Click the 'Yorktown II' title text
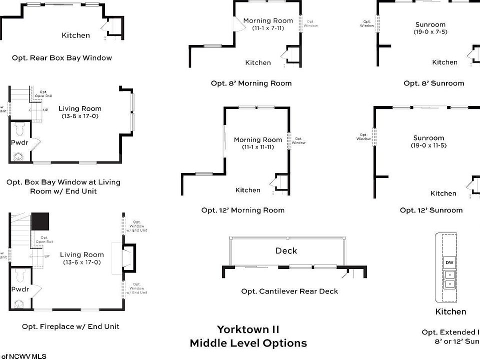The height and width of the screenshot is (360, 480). pos(248,329)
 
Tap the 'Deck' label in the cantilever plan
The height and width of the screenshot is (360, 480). pos(286,251)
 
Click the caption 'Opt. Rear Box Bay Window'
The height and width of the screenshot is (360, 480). pos(62,58)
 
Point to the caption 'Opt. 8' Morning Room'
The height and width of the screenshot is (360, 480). pos(251,83)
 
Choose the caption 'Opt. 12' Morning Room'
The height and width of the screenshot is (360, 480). pos(243,210)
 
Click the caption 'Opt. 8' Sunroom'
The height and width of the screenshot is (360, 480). pos(434,83)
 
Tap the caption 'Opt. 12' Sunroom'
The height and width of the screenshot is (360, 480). pos(431,210)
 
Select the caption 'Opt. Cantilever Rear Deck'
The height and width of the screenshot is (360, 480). pos(289,291)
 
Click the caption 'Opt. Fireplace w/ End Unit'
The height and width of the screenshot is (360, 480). pos(70,326)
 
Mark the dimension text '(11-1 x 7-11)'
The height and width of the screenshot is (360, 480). pos(268,28)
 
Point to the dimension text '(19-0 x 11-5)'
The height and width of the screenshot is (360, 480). pos(428,145)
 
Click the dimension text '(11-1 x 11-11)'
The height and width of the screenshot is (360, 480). pos(258,147)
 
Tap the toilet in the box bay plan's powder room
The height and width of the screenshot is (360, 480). pos(20,130)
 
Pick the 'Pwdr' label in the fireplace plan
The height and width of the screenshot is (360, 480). pos(20,289)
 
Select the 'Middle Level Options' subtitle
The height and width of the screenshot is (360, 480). pos(248,343)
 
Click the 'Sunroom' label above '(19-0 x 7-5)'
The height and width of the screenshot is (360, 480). pos(430,24)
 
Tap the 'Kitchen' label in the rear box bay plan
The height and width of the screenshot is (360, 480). pos(75,35)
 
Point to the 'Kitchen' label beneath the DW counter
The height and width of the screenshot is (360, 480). pos(450,312)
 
